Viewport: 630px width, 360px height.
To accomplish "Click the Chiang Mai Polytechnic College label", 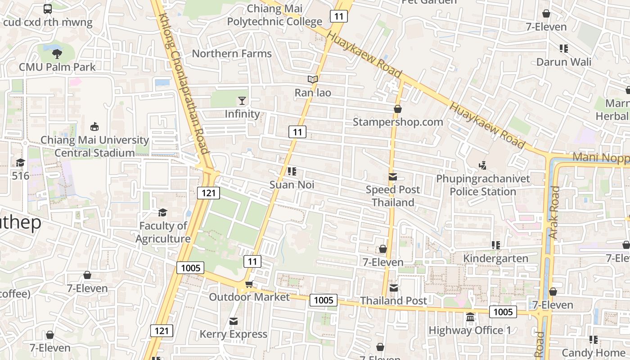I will (x=274, y=15).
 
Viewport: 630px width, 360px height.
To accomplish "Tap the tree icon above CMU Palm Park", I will (x=57, y=54).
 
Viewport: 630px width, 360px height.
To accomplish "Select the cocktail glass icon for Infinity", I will (x=242, y=100).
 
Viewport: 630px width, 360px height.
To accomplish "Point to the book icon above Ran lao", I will (x=313, y=80).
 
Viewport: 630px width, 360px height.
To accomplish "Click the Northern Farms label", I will (x=232, y=54).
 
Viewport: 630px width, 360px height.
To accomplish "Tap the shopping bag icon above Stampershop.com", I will (x=397, y=109).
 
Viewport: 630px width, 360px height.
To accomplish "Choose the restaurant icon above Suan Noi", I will (x=292, y=171).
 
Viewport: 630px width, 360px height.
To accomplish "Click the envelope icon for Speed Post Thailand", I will (x=393, y=177).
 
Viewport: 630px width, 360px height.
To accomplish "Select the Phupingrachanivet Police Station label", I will (x=483, y=185).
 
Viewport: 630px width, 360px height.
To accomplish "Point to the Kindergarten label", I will (x=495, y=258).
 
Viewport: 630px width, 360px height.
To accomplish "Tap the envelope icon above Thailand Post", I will (x=394, y=288).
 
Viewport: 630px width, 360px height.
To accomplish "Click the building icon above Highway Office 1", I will (x=470, y=317).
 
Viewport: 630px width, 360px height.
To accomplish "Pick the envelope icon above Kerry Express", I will (x=233, y=321).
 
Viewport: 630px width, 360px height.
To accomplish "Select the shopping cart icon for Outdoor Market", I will (x=249, y=284).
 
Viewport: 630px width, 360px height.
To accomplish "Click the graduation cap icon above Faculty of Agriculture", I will (x=162, y=212).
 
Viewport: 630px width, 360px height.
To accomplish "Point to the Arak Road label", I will (x=554, y=212).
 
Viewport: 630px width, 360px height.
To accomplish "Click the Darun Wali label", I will (x=564, y=62).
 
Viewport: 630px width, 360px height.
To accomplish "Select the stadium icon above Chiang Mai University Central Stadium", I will (x=94, y=127).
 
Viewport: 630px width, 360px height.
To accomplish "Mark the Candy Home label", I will (x=593, y=352).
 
